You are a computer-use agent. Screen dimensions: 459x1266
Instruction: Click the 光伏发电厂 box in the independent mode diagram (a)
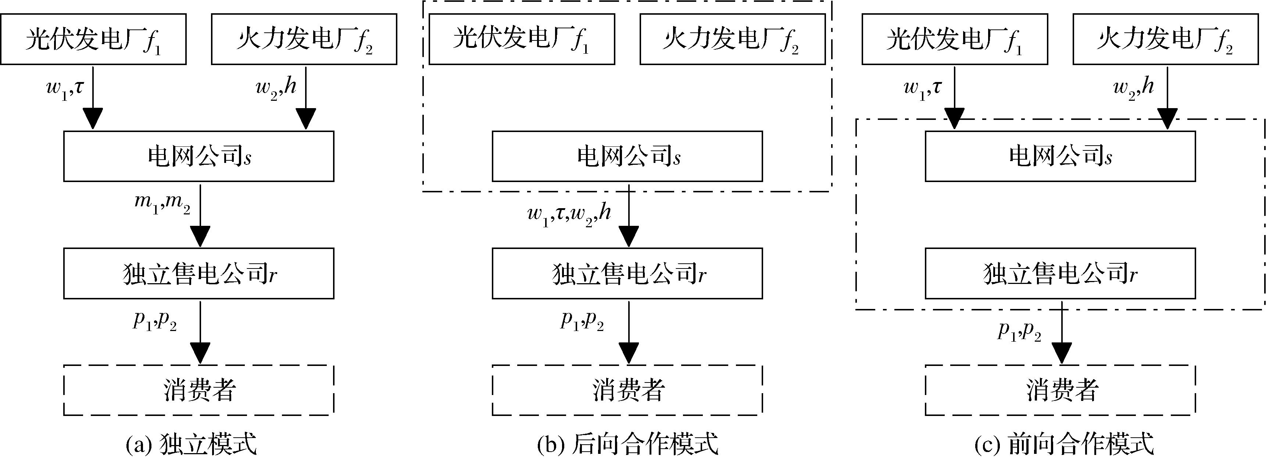(x=93, y=39)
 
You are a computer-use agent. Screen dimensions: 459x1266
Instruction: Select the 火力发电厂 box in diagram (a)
(x=304, y=39)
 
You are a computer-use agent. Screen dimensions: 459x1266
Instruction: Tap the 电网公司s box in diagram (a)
(x=199, y=156)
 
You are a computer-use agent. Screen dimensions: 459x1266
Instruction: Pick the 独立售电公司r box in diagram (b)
(x=627, y=274)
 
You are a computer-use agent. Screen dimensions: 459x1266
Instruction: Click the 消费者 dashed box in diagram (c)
(x=1060, y=391)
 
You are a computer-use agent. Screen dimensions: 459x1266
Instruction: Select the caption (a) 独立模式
(x=192, y=445)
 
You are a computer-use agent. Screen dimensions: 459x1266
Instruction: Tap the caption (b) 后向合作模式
(x=627, y=445)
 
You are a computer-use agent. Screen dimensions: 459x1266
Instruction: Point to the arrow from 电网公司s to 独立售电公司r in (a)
(x=200, y=217)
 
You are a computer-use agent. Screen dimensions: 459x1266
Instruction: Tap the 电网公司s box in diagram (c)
(x=1060, y=156)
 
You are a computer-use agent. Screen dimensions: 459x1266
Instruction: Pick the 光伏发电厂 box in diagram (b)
(x=522, y=39)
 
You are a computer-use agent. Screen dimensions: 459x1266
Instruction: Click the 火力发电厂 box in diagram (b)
(x=732, y=39)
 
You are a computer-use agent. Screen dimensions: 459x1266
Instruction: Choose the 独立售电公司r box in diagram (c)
(x=1060, y=274)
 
